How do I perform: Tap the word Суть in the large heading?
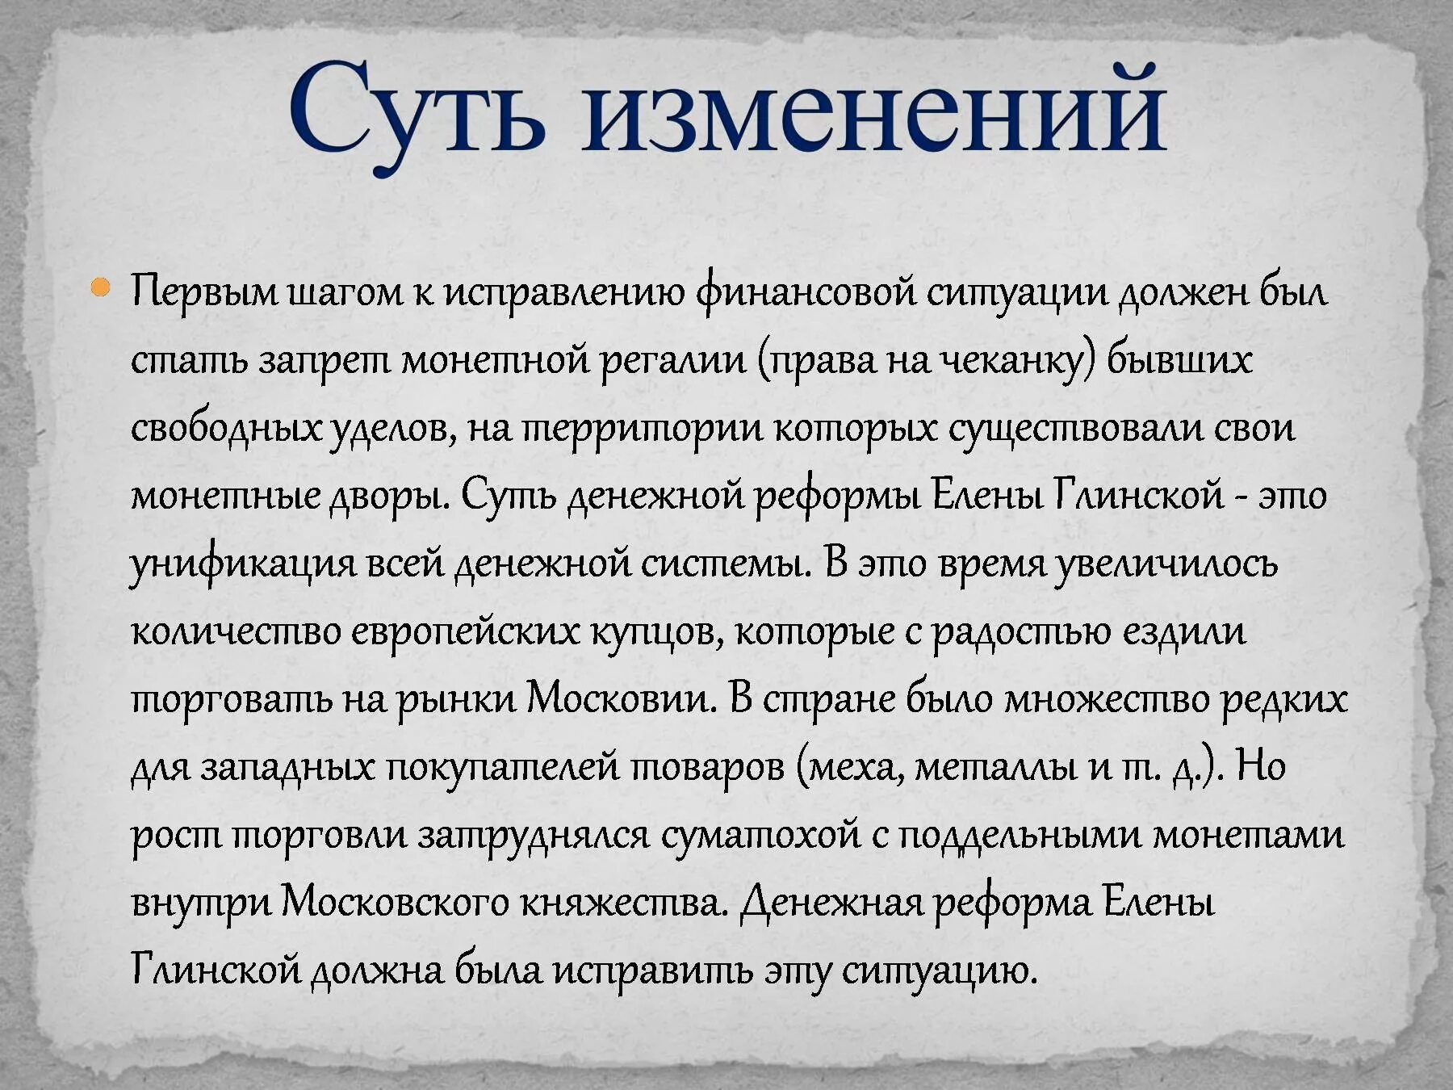point(417,109)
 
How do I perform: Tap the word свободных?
point(225,428)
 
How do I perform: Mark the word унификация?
point(242,564)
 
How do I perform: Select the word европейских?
point(465,631)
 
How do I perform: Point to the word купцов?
point(657,631)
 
